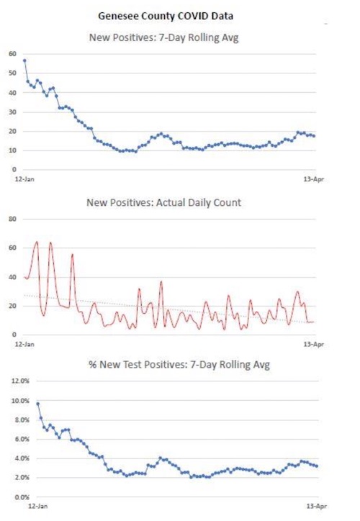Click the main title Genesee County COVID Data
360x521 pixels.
pos(166,16)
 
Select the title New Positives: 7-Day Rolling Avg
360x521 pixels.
pos(164,37)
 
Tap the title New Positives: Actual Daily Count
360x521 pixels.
pos(164,202)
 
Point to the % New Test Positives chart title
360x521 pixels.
pos(179,365)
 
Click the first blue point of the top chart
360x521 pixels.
pos(24,60)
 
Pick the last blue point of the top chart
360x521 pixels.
pos(314,136)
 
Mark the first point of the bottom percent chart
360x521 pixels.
pos(37,404)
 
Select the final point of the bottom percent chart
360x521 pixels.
pos(317,466)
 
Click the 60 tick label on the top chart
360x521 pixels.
pos(12,54)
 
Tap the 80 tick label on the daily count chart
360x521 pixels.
pos(12,219)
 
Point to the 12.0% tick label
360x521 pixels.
pos(21,381)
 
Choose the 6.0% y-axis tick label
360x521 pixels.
pos(22,439)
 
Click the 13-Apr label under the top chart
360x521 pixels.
pos(313,179)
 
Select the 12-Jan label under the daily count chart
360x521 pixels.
pos(24,344)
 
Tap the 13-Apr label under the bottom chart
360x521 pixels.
pos(317,506)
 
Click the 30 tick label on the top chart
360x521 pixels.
pos(12,112)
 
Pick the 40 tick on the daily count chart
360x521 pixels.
pos(12,277)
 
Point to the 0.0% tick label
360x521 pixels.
pos(22,497)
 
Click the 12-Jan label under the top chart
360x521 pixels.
pos(24,179)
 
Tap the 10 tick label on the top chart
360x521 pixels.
pos(12,150)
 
